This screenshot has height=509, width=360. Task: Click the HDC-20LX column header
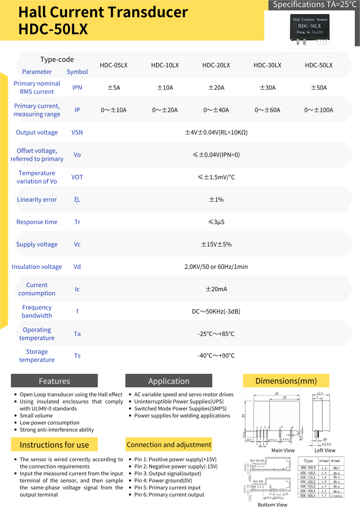click(x=216, y=65)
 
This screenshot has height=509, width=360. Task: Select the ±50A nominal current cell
click(x=318, y=88)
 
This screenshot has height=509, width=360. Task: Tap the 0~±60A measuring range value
click(x=267, y=110)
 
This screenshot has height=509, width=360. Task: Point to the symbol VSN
click(x=77, y=133)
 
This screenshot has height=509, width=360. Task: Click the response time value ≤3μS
click(x=216, y=222)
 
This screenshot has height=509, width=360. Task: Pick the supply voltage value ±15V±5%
click(x=216, y=244)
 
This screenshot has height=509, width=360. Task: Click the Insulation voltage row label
click(x=37, y=267)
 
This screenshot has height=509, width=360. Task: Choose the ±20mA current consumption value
click(x=216, y=289)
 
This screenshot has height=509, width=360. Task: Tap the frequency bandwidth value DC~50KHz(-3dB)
click(x=216, y=311)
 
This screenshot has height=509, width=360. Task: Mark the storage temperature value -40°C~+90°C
click(x=216, y=356)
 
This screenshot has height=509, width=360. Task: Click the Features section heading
click(x=54, y=381)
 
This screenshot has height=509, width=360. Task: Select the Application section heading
click(x=169, y=381)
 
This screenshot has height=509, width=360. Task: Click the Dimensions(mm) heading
click(x=286, y=381)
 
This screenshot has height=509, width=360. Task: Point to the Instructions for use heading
click(x=54, y=445)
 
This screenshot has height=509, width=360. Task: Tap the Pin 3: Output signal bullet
click(x=168, y=474)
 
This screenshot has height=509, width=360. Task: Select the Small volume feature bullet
click(x=36, y=416)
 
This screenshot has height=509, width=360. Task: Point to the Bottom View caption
click(x=272, y=505)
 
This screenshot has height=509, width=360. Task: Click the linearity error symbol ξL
click(x=77, y=200)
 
